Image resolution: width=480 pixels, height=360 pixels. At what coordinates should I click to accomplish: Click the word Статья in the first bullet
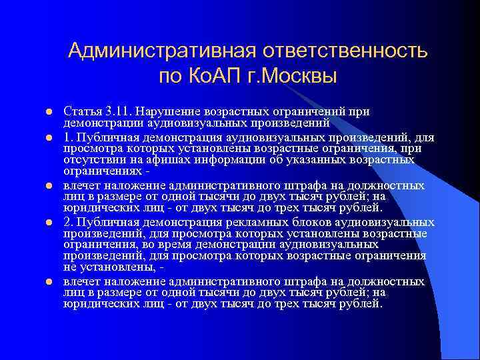81,111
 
